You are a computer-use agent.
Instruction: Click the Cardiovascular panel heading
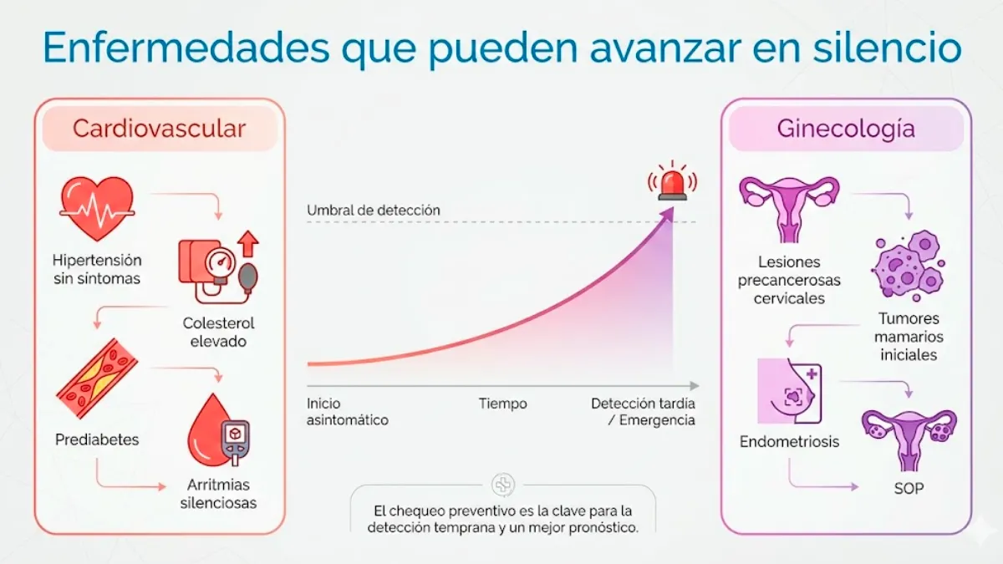pos(159,129)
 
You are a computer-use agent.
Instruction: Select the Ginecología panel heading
pos(846,129)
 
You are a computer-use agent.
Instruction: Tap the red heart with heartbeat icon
pos(96,206)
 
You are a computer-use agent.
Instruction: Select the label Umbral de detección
pos(373,211)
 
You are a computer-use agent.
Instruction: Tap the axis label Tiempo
pos(502,404)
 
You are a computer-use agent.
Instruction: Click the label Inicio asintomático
pos(347,412)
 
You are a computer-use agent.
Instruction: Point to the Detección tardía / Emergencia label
pos(643,412)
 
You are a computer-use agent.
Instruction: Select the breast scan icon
pos(789,391)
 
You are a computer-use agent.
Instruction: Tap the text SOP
pos(909,487)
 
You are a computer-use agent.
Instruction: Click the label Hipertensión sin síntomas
pos(97,269)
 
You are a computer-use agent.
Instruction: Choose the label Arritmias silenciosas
pos(219,494)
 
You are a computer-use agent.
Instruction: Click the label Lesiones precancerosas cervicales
pos(789,280)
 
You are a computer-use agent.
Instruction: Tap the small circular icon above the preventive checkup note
pos(503,485)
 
